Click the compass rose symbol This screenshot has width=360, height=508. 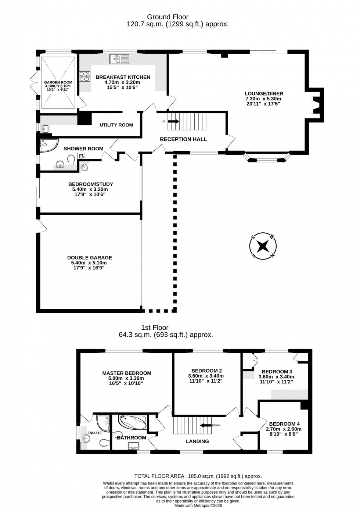click(x=263, y=246)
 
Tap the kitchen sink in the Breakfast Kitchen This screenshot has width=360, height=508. click(x=119, y=59)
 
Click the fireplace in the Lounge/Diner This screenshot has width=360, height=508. click(x=316, y=105)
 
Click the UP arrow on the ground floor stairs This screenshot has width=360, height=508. click(x=174, y=121)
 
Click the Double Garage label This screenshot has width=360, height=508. click(x=90, y=258)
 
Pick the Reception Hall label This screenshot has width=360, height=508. click(x=183, y=139)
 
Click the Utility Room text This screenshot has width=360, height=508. click(x=116, y=125)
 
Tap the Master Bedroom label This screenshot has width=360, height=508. click(x=127, y=373)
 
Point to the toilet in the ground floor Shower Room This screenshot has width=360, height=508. click(x=71, y=159)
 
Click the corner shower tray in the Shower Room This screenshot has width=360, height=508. click(x=48, y=145)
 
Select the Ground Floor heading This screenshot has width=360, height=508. click(x=168, y=17)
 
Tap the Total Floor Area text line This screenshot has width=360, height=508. click(x=198, y=476)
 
